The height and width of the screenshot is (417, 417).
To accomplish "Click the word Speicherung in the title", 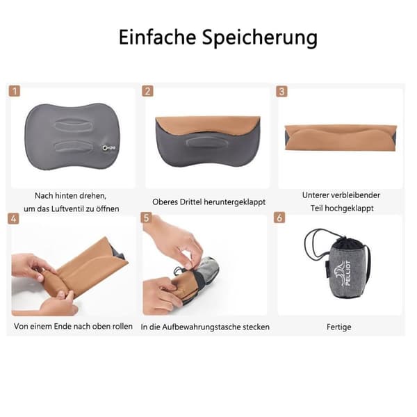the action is pyautogui.click(x=260, y=38).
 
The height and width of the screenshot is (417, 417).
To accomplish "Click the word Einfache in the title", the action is pyautogui.click(x=157, y=37).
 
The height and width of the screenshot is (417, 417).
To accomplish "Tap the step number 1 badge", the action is pyautogui.click(x=15, y=91).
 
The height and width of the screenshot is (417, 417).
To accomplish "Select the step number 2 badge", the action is pyautogui.click(x=147, y=91).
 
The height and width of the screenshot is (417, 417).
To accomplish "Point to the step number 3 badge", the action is pyautogui.click(x=281, y=92).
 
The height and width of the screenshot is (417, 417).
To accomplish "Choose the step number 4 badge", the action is pyautogui.click(x=13, y=219).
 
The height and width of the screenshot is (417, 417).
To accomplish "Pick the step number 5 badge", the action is pyautogui.click(x=146, y=218).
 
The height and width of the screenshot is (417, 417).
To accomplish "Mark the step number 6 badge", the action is pyautogui.click(x=279, y=218).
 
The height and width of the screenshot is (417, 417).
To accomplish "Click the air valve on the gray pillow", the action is pyautogui.click(x=108, y=148).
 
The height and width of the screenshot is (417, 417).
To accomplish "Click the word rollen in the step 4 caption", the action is pyautogui.click(x=122, y=327).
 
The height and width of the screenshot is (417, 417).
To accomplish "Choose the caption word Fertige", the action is pyautogui.click(x=339, y=327).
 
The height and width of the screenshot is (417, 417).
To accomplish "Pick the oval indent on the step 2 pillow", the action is pyautogui.click(x=206, y=142).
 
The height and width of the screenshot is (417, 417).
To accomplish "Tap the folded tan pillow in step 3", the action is pyautogui.click(x=341, y=138).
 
